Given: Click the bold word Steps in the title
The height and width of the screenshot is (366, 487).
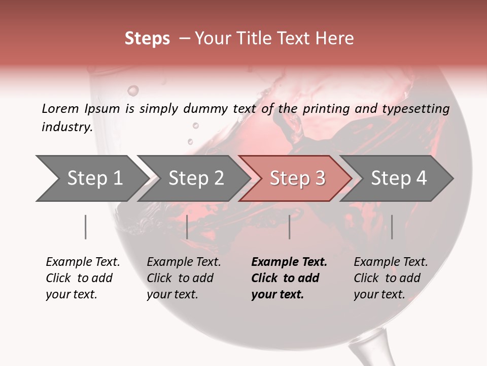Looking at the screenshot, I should tap(147, 39).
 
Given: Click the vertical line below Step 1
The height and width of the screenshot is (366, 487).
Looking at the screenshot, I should tap(86, 227).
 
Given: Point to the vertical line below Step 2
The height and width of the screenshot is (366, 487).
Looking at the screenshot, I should tap(187, 227).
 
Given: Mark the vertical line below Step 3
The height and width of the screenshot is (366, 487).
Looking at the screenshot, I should tap(290, 227).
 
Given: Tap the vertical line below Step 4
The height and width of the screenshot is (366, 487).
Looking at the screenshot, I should tap(392, 227).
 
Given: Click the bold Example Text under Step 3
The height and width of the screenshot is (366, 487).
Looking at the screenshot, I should tap(289, 278).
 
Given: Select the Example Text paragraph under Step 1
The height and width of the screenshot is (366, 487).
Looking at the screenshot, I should tap(83, 278).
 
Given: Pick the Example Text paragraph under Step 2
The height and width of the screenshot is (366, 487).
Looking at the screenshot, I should tap(184, 278).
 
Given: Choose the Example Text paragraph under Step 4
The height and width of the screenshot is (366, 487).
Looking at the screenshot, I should tap(391, 278).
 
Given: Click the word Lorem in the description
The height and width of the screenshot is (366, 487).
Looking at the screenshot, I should tap(60, 109).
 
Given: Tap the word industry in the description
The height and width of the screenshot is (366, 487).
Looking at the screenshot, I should tap(67, 127).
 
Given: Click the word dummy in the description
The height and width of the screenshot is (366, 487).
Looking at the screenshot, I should tap(207, 109).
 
